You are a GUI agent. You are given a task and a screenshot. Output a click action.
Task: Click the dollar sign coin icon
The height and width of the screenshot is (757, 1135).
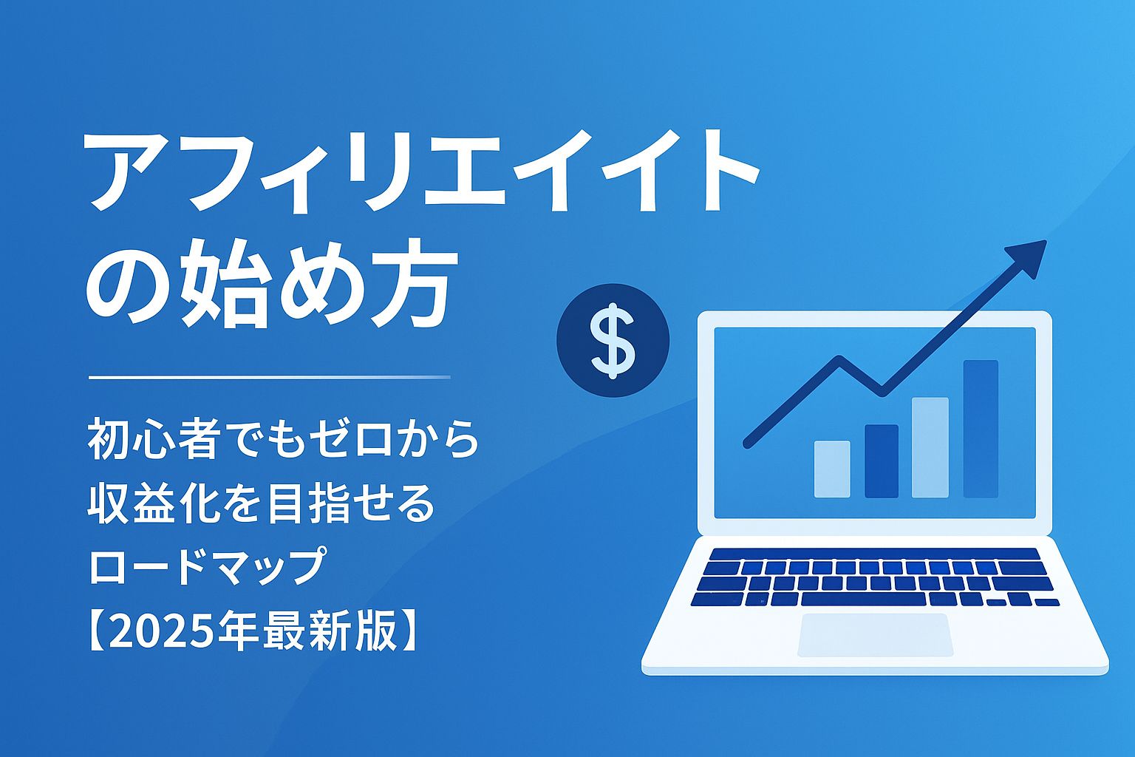coord(613,341)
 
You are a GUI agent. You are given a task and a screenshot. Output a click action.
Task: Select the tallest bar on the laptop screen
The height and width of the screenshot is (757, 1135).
coord(980,429)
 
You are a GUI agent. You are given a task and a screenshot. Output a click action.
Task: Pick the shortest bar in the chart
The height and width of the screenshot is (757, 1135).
coord(832,469)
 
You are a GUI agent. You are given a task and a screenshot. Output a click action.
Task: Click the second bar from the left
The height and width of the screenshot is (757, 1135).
coord(881,461)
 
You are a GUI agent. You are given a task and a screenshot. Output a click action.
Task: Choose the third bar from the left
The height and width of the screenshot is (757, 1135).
coord(930,447)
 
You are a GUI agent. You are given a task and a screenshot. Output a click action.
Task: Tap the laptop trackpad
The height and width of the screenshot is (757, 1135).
coord(875,634)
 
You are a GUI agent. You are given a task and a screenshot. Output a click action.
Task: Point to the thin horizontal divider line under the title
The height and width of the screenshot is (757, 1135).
coord(269,377)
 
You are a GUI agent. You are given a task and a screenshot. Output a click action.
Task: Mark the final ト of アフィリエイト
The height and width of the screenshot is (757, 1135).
coord(720,172)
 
